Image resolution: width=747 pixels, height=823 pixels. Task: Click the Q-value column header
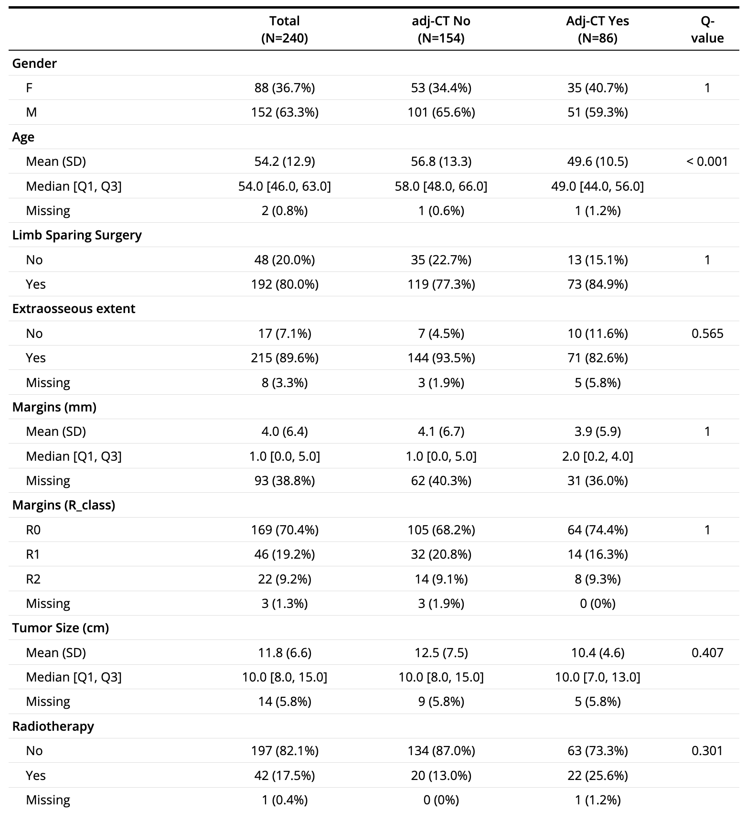pos(707,30)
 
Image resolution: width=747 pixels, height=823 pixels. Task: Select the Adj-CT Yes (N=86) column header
pos(597,30)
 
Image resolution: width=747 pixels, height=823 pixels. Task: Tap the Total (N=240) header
pos(284,30)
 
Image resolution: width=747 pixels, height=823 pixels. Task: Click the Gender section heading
pos(34,64)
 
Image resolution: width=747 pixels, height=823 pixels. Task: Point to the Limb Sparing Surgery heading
pos(77,235)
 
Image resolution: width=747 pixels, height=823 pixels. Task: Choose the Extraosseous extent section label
pos(74,309)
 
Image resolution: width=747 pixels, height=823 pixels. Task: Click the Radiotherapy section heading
pos(53,726)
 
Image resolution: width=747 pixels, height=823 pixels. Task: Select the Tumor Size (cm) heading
pos(61,628)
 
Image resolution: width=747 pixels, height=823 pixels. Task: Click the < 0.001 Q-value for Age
pos(707,162)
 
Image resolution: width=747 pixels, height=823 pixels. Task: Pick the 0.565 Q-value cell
pos(707,334)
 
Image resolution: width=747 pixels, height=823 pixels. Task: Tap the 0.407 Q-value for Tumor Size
pos(707,653)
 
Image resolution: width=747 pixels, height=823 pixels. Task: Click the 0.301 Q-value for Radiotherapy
pos(707,751)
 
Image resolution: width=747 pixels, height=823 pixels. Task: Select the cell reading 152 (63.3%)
pos(284,112)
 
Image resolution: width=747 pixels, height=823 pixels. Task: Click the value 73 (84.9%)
pos(597,284)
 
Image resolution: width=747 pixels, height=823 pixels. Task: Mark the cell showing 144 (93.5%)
pos(441,358)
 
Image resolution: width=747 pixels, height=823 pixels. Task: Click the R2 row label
pos(33,579)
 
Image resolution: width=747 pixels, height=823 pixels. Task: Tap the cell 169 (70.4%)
pos(284,530)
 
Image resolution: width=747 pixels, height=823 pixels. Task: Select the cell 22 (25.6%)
pos(597,775)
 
